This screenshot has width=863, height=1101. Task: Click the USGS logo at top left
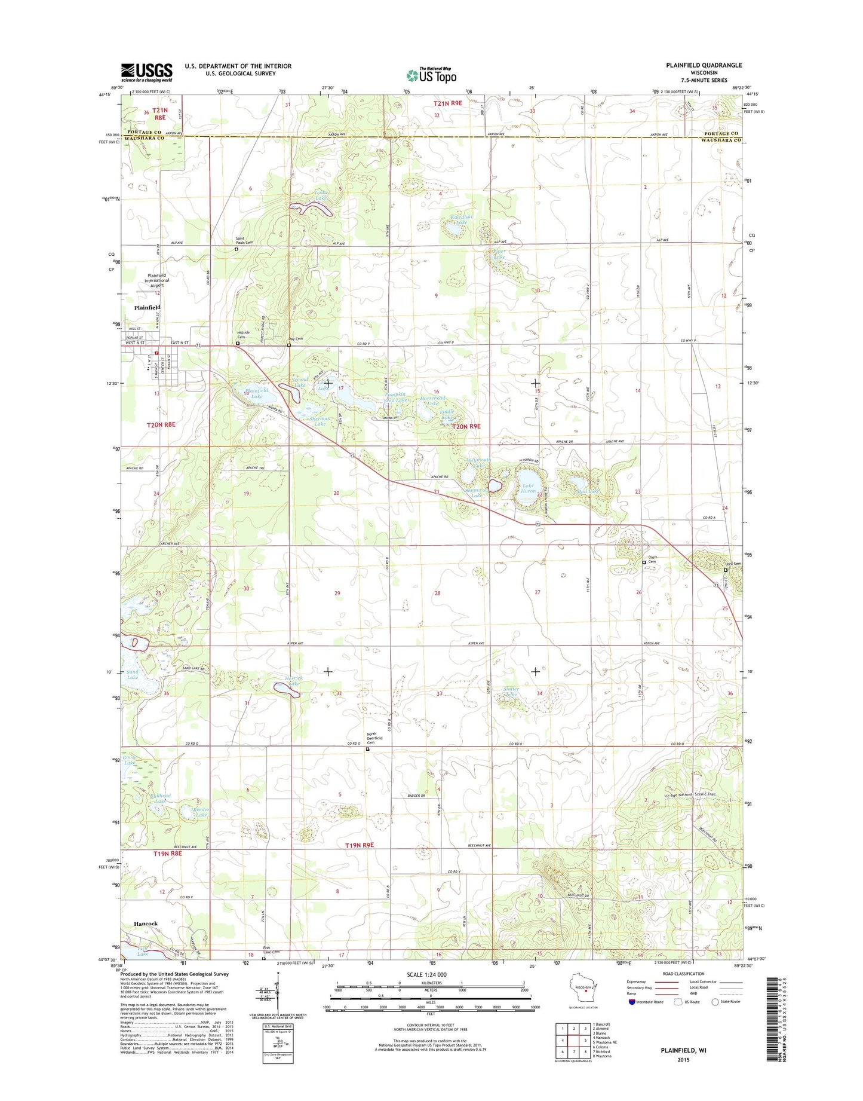click(146, 72)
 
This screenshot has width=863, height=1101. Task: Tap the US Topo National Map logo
click(431, 75)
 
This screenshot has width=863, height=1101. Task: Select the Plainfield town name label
click(147, 307)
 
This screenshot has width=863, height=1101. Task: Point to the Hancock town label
click(146, 923)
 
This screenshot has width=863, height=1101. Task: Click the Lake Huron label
click(528, 488)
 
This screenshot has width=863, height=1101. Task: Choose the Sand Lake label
click(133, 675)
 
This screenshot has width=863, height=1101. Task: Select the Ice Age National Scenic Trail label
click(689, 795)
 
